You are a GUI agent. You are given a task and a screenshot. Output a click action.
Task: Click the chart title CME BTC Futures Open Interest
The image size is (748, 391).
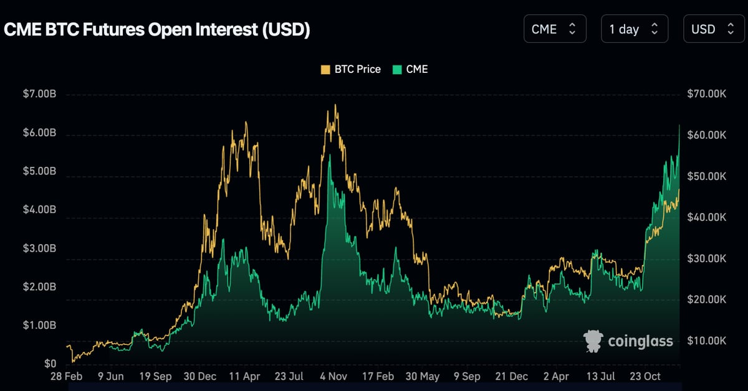coord(157,29)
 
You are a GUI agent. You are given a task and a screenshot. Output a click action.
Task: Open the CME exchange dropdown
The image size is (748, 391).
coord(555,29)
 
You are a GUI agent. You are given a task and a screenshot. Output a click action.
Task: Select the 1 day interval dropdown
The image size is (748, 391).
coord(634,29)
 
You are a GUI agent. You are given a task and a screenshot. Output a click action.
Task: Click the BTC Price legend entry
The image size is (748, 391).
coord(350,69)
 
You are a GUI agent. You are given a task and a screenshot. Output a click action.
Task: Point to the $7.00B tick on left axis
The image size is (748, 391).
coord(39,94)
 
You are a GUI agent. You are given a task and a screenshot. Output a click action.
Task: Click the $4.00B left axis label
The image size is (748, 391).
coord(39,210)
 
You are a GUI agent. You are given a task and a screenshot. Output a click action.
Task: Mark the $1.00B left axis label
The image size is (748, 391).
coord(39,326)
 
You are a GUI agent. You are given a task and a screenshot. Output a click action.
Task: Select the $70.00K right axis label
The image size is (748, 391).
coord(707,94)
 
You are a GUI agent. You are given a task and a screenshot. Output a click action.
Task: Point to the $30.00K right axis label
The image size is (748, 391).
coord(707,258)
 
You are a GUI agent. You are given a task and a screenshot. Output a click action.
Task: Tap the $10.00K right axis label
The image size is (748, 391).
coord(707,341)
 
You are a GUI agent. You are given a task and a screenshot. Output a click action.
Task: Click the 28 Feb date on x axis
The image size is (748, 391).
coord(65,377)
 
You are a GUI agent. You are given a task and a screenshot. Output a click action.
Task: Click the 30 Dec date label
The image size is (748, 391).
coord(200,377)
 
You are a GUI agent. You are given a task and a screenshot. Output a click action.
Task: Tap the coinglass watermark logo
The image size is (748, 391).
coord(628,341)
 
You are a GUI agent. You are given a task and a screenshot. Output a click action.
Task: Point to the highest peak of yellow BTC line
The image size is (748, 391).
coord(336,105)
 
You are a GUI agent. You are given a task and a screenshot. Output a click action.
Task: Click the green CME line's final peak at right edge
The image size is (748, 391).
coord(679,126)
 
